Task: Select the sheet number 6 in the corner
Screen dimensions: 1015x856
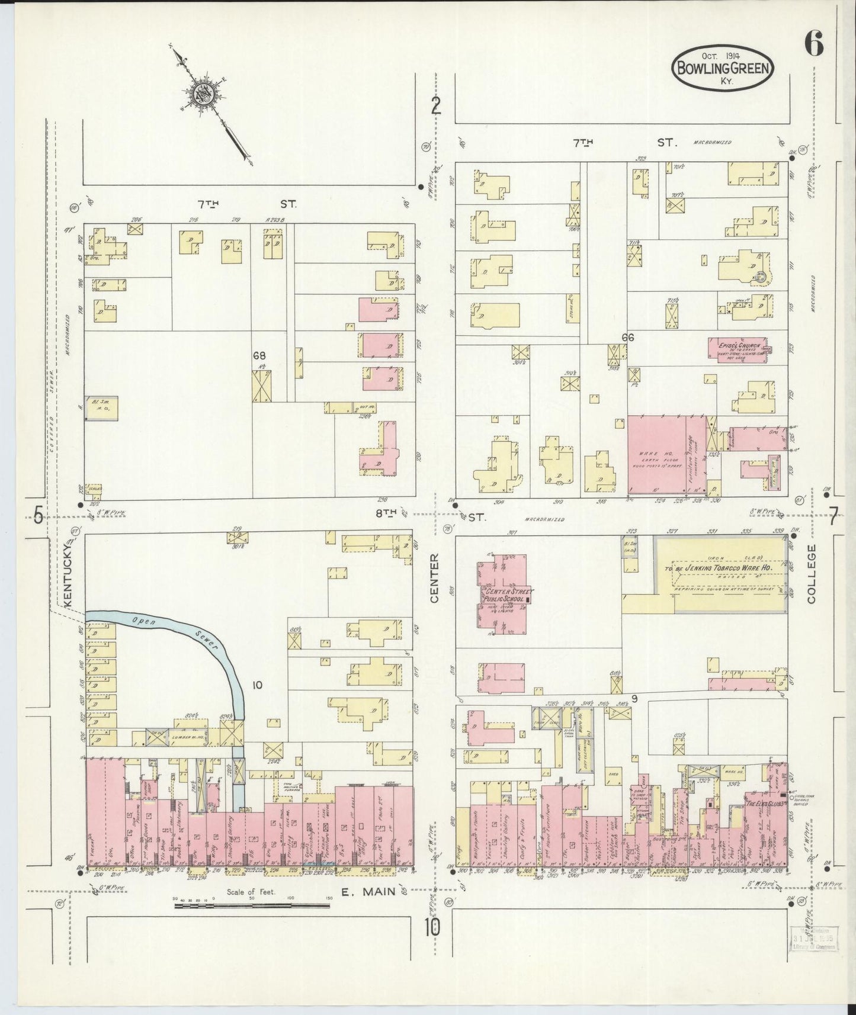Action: click(814, 44)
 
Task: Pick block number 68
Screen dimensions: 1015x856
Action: click(259, 355)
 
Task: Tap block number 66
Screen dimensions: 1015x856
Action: click(628, 337)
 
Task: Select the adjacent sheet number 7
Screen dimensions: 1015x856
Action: click(833, 519)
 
